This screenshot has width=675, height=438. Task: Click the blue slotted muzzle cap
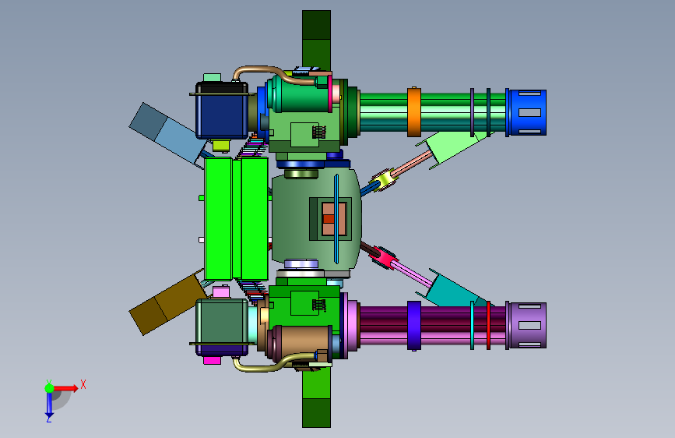[528, 112]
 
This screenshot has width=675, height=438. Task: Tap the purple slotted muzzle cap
[528, 326]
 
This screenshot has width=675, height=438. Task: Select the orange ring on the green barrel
[413, 112]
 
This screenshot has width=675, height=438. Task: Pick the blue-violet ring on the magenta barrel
[413, 326]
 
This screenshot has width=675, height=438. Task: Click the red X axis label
[83, 384]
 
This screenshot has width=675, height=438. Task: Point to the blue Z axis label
[48, 419]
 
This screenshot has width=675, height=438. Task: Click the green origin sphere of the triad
[50, 388]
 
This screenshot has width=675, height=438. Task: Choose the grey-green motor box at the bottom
[222, 323]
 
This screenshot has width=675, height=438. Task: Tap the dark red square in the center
[329, 219]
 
